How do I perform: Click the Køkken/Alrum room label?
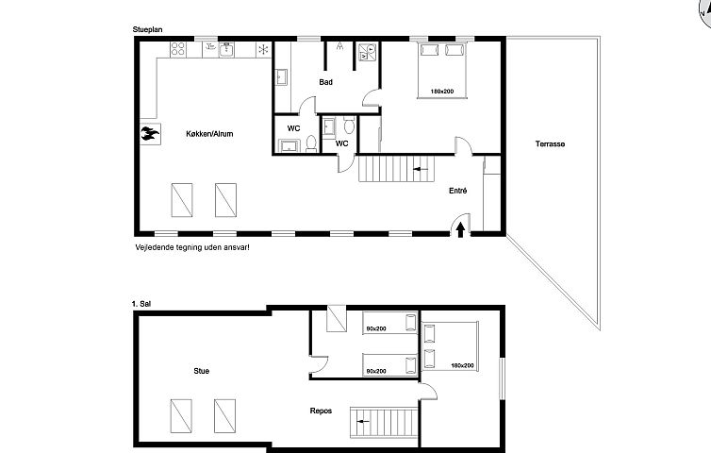pos(208,135)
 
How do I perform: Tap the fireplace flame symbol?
pos(148,134)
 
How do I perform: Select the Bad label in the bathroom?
pos(325,82)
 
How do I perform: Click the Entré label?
pos(458,191)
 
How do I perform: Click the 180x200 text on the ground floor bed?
pos(442,92)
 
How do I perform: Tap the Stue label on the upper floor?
pos(201,371)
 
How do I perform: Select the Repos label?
pos(321,411)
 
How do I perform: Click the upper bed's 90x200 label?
pos(376,328)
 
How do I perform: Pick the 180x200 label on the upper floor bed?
pos(462,365)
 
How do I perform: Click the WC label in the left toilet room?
pos(293,127)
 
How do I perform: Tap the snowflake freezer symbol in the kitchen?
pos(264,49)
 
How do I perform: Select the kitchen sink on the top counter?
pos(225,50)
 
